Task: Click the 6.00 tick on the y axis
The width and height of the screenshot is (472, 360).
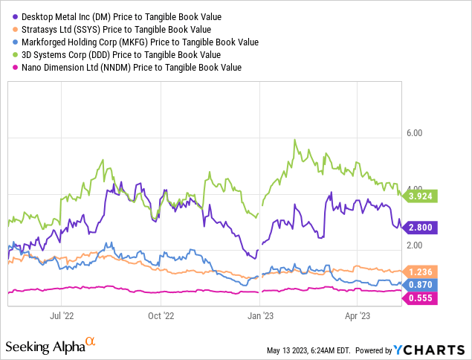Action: (413, 132)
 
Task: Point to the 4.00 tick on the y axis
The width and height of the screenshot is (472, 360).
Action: (413, 189)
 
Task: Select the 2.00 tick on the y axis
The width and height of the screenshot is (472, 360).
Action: (413, 245)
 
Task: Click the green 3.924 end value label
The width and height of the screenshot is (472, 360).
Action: (421, 196)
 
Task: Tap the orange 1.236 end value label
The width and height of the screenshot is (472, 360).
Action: (421, 272)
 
